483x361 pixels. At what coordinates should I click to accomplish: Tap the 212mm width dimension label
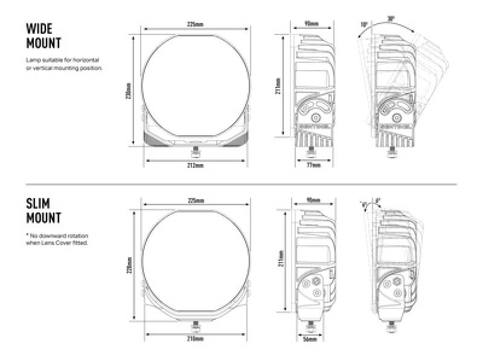point(195,165)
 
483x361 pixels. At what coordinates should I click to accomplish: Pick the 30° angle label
point(392,20)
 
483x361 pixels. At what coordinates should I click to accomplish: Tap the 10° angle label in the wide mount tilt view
point(363,25)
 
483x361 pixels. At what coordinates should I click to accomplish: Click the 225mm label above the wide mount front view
point(195,25)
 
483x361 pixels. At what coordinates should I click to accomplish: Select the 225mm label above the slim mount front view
point(195,200)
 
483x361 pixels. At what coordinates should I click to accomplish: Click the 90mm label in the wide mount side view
point(312,25)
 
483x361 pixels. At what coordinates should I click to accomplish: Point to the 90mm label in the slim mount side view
point(312,200)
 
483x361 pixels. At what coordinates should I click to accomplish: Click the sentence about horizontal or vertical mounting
point(64,65)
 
